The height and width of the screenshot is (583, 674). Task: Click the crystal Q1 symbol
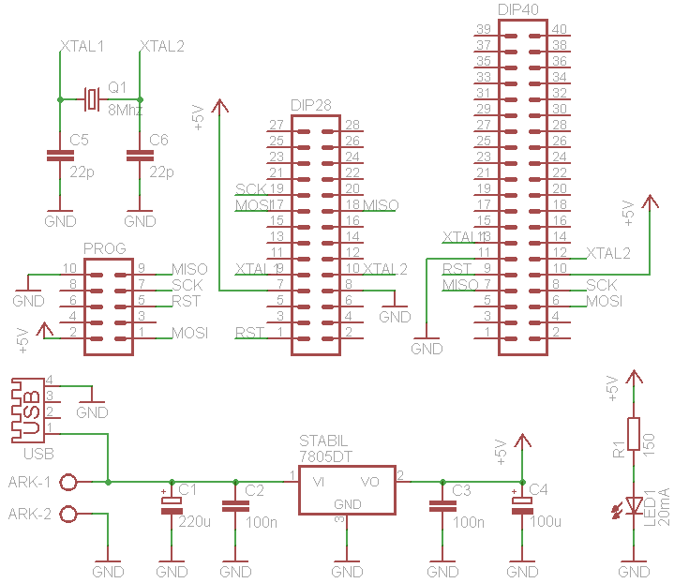[91, 98]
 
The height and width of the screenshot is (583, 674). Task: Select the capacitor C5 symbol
[59, 157]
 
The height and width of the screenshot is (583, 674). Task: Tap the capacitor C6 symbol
[140, 157]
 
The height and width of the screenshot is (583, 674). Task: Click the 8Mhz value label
[125, 111]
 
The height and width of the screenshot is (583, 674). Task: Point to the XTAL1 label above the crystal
[82, 46]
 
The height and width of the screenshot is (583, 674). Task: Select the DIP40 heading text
[519, 9]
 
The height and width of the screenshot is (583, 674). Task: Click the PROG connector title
[104, 248]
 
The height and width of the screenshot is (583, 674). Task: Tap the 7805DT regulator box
[347, 489]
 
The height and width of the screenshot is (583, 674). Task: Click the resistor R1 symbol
[635, 434]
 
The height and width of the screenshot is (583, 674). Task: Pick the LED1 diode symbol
[635, 507]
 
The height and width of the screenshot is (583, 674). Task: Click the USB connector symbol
[28, 410]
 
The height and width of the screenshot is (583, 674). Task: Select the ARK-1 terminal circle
[68, 482]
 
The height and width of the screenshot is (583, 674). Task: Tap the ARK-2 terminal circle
[68, 514]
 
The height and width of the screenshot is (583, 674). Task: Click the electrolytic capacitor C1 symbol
[172, 505]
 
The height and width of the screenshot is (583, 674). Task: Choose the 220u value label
[193, 522]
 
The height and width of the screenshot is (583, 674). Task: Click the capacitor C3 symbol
[438, 506]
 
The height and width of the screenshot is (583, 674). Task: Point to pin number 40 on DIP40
[559, 30]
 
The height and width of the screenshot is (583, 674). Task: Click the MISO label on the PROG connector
[189, 269]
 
